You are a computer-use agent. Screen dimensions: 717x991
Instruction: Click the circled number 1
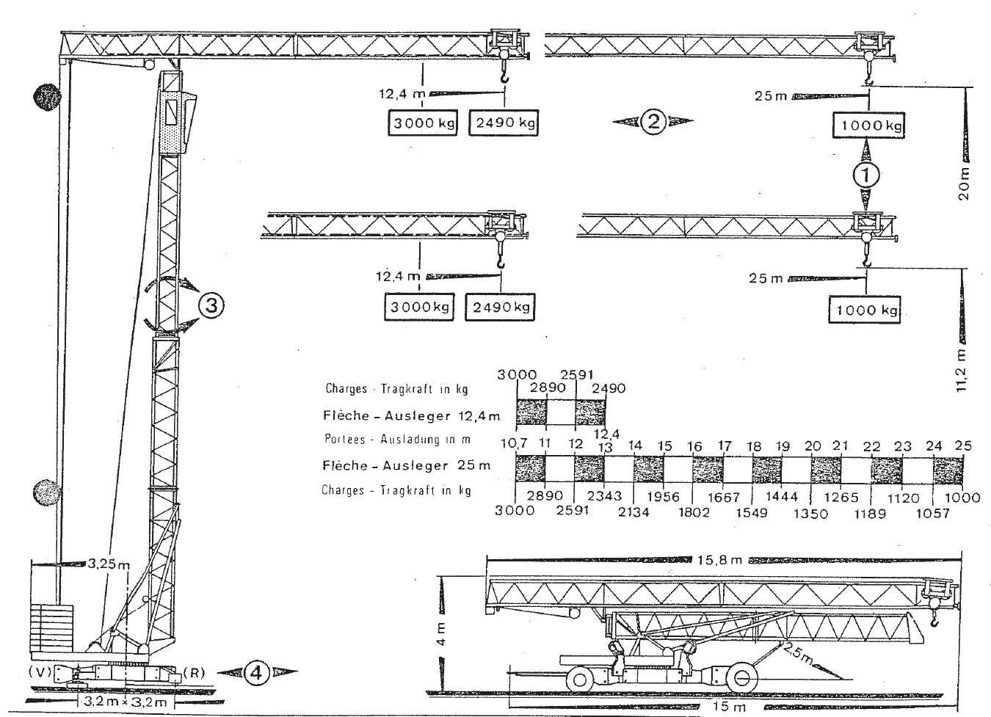[x=865, y=175]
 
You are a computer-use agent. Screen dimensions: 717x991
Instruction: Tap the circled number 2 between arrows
[x=653, y=122]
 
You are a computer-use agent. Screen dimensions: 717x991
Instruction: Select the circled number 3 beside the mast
[x=211, y=306]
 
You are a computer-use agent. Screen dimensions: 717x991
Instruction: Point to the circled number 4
[x=257, y=671]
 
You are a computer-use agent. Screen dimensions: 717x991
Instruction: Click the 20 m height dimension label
[x=964, y=183]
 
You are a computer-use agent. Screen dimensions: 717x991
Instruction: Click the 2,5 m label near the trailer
[x=797, y=652]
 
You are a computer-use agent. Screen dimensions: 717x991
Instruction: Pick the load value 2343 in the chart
[x=604, y=497]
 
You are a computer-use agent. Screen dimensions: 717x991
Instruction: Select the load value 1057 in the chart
[x=932, y=513]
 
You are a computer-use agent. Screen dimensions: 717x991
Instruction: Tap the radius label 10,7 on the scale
[x=515, y=445]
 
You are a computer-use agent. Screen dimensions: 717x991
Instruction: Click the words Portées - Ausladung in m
[x=396, y=440]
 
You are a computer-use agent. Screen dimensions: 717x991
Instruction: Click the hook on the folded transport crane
[x=934, y=618]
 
